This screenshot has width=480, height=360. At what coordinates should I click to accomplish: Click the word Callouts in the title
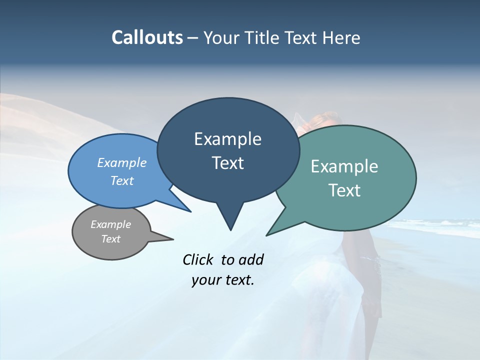(x=147, y=37)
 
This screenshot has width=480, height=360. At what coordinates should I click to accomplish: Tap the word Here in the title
(x=342, y=37)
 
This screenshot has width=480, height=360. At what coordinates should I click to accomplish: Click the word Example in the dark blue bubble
(x=227, y=139)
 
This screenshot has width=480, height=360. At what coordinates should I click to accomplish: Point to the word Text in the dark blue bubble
(x=227, y=163)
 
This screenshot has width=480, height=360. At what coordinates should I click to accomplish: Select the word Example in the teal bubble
(x=344, y=166)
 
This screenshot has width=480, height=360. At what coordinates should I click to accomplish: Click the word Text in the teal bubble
(x=344, y=190)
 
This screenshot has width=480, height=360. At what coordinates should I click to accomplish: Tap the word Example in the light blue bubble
(x=121, y=162)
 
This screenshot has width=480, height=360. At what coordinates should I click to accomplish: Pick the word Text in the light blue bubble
(x=121, y=180)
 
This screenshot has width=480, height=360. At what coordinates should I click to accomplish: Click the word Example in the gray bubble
(x=110, y=224)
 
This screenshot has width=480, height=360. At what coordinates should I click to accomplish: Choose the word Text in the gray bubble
(x=110, y=239)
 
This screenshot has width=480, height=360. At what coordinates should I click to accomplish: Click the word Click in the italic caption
(x=198, y=259)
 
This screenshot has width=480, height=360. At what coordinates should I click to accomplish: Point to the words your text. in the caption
(x=222, y=280)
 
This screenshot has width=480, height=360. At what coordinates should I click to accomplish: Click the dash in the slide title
(x=193, y=38)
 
